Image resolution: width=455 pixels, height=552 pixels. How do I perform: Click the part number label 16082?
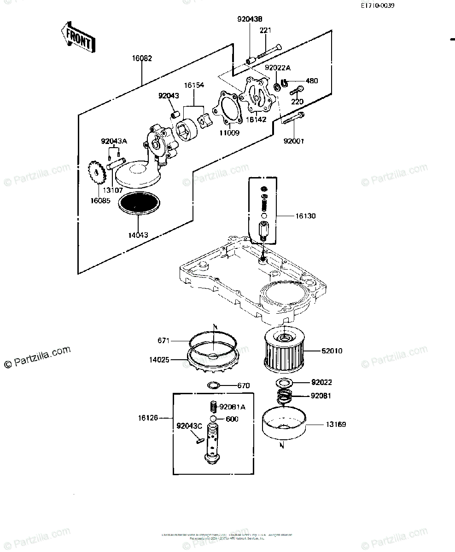142,58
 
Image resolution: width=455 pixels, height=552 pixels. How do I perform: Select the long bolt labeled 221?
269,51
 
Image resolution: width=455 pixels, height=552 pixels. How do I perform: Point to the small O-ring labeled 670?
214,385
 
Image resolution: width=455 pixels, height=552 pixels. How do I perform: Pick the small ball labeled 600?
213,419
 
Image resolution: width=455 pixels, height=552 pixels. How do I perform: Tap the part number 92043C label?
189,425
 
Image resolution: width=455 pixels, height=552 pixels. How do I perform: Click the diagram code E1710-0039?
378,6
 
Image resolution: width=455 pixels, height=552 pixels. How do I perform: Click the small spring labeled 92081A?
213,407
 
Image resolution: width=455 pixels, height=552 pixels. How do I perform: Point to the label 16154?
194,86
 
